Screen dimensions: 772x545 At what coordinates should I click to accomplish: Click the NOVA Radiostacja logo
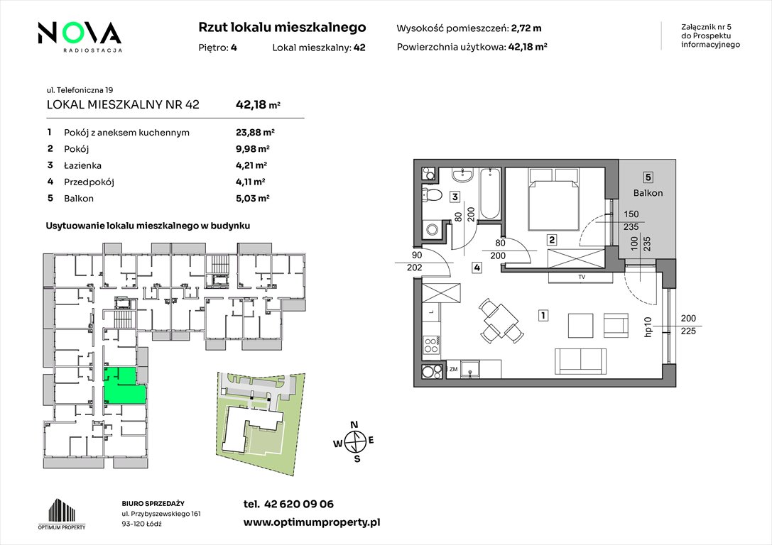click(x=80, y=37)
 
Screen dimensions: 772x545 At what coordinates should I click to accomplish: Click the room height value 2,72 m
click(x=526, y=28)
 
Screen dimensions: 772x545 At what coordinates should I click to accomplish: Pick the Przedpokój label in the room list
click(x=89, y=182)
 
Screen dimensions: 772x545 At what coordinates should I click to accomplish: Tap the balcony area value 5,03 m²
click(x=253, y=198)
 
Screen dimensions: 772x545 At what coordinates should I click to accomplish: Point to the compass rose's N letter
click(x=354, y=425)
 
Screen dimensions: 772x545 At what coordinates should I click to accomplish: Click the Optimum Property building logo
click(x=62, y=514)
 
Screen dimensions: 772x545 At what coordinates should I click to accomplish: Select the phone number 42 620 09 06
click(x=299, y=504)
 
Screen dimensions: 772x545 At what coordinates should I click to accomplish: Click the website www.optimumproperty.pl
click(x=312, y=522)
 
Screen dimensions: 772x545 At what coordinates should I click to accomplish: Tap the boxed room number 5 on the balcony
click(x=648, y=177)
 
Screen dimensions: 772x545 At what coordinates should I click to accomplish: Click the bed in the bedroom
click(x=553, y=199)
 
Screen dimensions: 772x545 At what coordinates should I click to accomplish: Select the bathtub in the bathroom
click(x=490, y=194)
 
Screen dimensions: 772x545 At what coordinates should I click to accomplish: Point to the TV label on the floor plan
click(x=582, y=277)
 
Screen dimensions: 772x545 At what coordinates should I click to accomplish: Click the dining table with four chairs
click(x=500, y=321)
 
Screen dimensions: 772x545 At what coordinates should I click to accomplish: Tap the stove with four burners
click(x=431, y=343)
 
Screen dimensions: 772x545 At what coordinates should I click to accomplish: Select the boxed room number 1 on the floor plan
click(x=543, y=315)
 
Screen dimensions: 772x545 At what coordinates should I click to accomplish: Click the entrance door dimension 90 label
click(x=417, y=255)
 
